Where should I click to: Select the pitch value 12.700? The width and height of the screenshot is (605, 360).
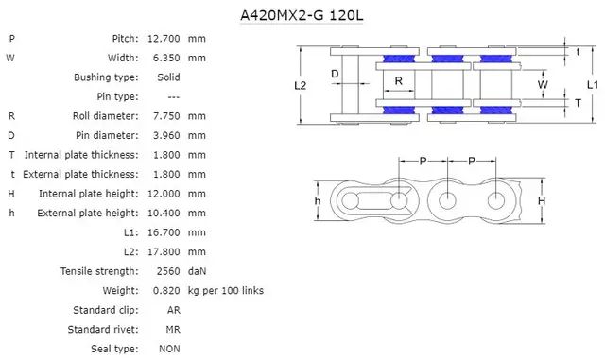click(164, 38)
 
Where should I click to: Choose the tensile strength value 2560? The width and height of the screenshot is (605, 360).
click(166, 271)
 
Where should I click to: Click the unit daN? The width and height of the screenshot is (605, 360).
click(198, 271)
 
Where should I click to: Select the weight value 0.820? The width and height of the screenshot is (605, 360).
click(166, 291)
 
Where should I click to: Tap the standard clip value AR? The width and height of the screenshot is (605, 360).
click(174, 310)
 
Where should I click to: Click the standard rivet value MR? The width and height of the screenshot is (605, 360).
click(174, 330)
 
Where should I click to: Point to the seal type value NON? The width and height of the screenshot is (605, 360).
click(170, 349)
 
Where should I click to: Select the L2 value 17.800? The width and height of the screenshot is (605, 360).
click(164, 252)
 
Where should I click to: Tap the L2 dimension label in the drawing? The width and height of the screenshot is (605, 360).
click(300, 85)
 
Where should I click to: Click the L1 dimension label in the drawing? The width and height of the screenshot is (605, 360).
click(591, 84)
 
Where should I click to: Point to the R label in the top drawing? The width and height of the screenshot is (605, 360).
click(399, 81)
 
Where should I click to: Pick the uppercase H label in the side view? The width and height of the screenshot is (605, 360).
click(541, 201)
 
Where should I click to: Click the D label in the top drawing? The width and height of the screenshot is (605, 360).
click(335, 73)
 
